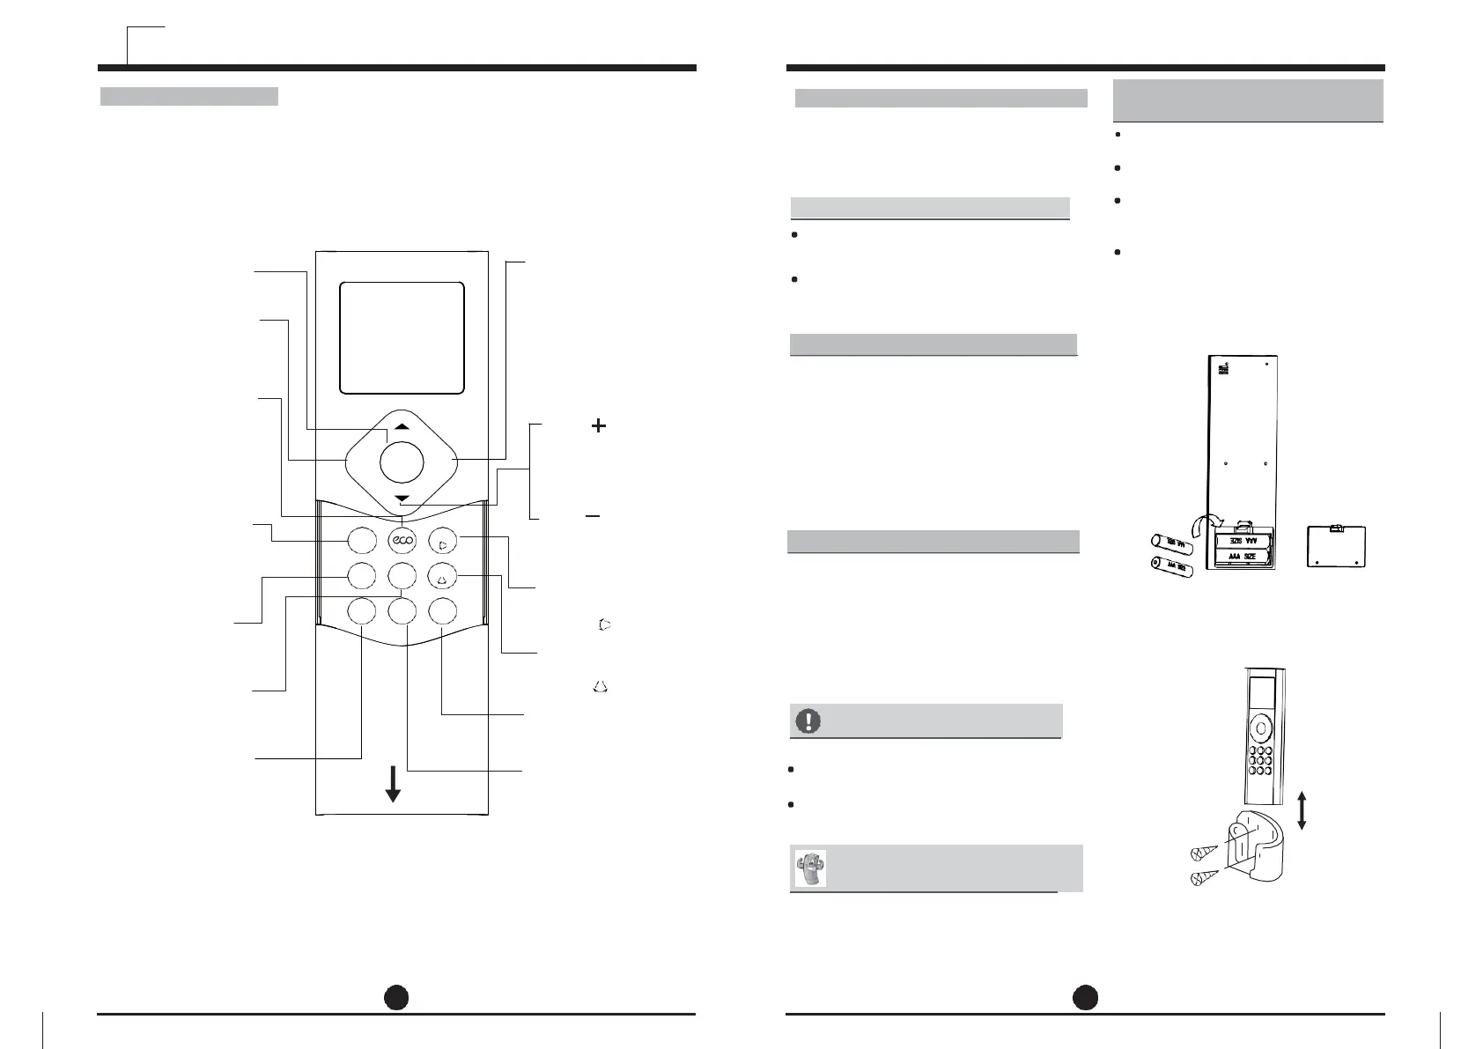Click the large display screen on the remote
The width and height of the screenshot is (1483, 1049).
pos(402,337)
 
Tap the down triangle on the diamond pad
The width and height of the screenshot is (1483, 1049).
pos(402,499)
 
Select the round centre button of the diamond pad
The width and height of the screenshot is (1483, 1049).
pos(402,462)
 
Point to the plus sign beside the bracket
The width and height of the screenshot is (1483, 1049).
pos(598,425)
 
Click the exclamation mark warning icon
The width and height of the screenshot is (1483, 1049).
pos(806,720)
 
